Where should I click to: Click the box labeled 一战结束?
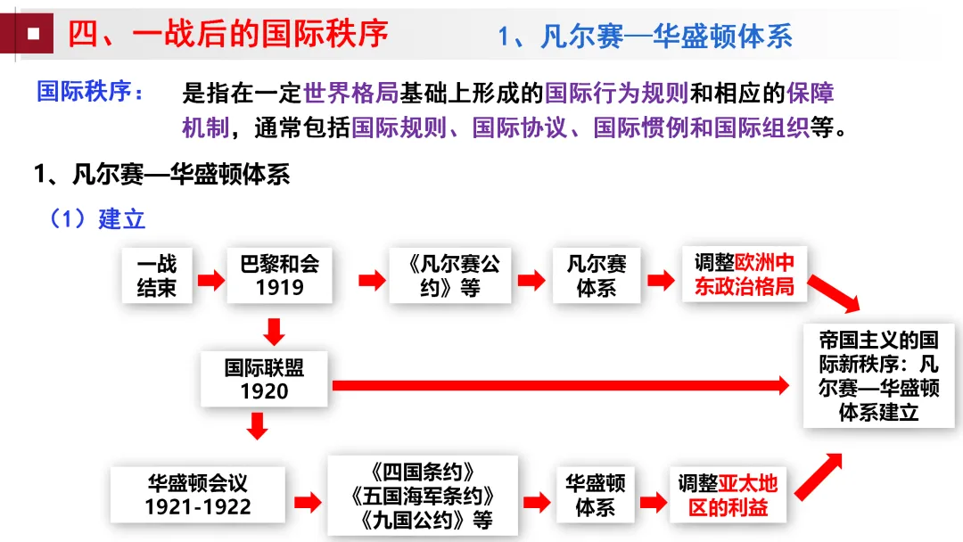click(x=157, y=275)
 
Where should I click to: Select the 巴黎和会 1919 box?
click(x=279, y=275)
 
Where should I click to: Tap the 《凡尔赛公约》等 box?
click(x=450, y=275)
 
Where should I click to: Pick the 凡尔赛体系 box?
click(x=596, y=275)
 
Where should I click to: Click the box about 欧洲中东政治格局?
click(x=745, y=275)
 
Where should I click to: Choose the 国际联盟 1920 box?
click(x=264, y=379)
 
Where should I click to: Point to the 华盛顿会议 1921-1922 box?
click(x=198, y=495)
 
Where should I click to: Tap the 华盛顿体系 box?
click(x=595, y=496)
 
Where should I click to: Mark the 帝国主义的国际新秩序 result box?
click(x=878, y=376)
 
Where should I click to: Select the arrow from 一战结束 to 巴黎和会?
click(x=210, y=281)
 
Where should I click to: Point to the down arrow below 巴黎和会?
click(x=275, y=332)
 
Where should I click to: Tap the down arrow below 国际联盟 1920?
click(x=258, y=425)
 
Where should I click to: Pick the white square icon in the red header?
click(x=32, y=34)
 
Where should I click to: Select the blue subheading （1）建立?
click(x=97, y=218)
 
